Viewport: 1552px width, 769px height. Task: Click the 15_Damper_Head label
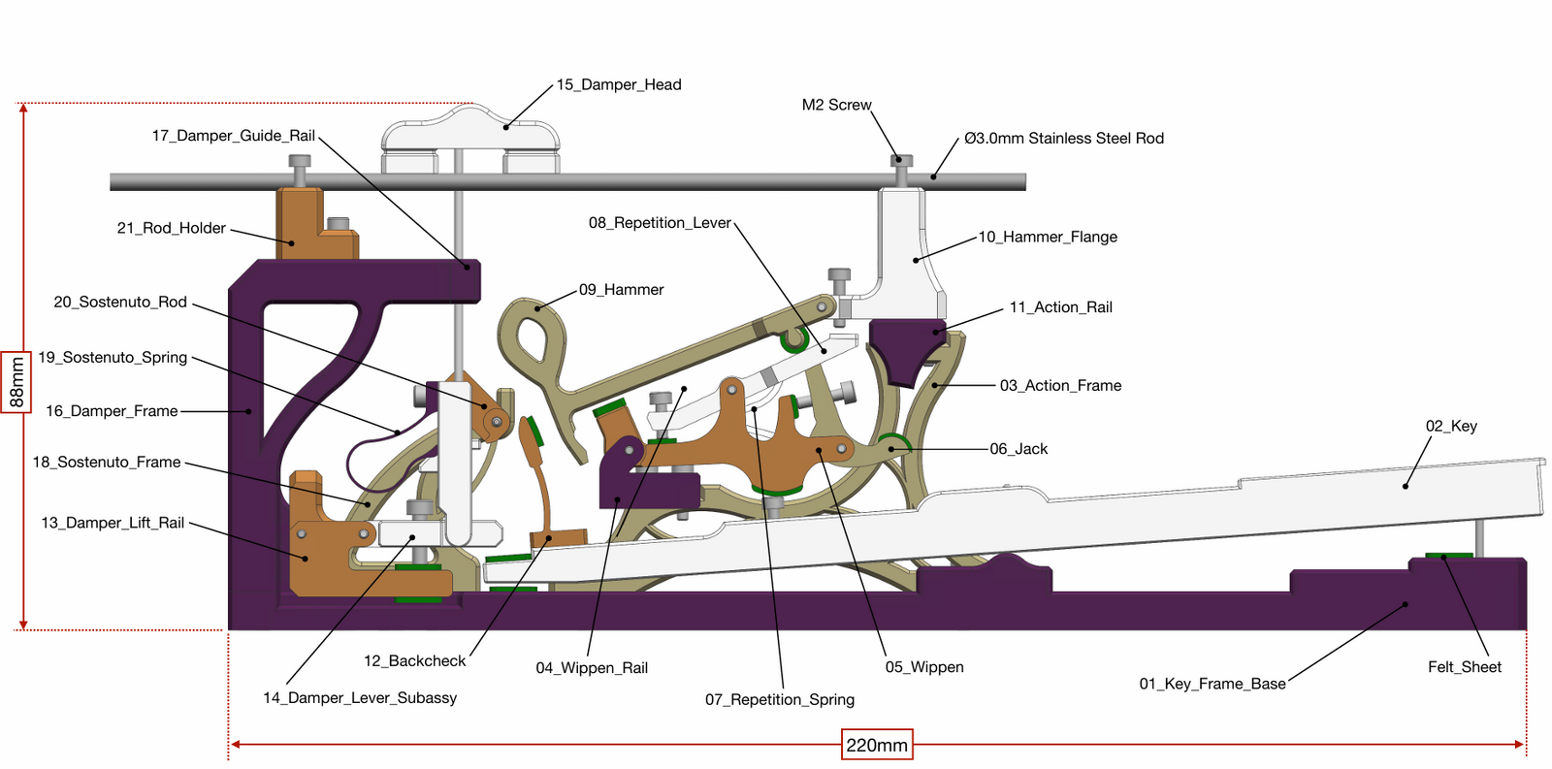[619, 84]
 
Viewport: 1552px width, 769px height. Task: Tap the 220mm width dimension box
[877, 745]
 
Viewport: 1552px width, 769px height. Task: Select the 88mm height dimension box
[16, 382]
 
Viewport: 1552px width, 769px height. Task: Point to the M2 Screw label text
[836, 105]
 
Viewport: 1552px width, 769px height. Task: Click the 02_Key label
[1451, 426]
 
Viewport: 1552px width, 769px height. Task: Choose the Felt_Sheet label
[1464, 666]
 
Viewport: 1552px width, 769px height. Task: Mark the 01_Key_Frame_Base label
[1212, 684]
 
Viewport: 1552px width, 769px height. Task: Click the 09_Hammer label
[621, 289]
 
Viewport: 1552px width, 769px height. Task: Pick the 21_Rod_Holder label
[171, 228]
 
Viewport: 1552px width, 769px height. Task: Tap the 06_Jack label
[1018, 449]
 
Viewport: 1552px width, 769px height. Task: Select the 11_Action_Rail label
[1060, 307]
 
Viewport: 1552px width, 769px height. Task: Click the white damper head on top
[470, 131]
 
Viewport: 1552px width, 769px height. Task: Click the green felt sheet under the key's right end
[1448, 556]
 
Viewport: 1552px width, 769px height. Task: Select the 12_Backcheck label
[414, 660]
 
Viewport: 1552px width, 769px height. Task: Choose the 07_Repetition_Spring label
[780, 699]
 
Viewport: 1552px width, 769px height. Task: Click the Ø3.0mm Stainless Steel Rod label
[1063, 139]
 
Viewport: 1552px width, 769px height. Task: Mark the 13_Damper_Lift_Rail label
[113, 523]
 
